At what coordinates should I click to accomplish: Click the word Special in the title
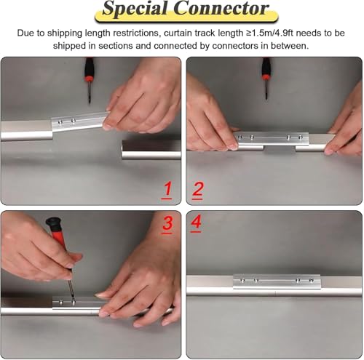(x=135, y=9)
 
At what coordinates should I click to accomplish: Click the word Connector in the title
(x=221, y=9)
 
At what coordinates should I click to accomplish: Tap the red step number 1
(x=167, y=190)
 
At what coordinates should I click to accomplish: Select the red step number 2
(x=197, y=191)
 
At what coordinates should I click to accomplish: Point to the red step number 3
(x=167, y=224)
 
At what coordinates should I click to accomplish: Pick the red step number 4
(x=196, y=223)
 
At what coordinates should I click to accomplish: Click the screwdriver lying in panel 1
(x=89, y=80)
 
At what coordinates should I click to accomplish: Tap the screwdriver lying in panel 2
(x=266, y=78)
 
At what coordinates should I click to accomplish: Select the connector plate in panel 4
(x=277, y=281)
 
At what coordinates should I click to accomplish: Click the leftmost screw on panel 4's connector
(x=242, y=281)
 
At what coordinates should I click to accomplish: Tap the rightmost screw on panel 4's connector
(x=312, y=281)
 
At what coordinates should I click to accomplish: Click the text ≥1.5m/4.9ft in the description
(x=270, y=33)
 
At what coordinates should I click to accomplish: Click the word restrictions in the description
(x=136, y=33)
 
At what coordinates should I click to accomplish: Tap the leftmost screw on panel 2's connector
(x=240, y=137)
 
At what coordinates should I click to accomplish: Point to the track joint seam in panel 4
(x=276, y=292)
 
